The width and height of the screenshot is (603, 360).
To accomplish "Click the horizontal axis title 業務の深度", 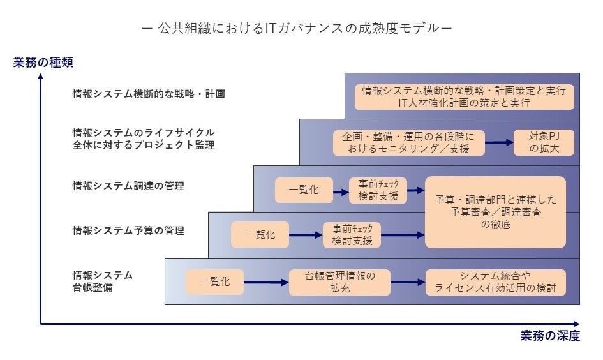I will click(x=549, y=336).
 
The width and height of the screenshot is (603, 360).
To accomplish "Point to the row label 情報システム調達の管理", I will click(x=128, y=186).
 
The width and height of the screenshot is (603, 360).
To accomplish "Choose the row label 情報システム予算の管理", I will click(x=128, y=230).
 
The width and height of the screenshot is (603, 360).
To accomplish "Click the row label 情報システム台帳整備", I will click(x=103, y=281).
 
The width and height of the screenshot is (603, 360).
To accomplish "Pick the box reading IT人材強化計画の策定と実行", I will click(x=464, y=96).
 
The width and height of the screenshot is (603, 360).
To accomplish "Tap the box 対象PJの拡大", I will click(x=544, y=143).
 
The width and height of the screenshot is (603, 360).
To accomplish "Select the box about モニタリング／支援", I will click(x=408, y=143).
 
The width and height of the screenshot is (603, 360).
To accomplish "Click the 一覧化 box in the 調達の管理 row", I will click(x=304, y=190).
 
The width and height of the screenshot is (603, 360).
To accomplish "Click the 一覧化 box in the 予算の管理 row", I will click(x=260, y=234).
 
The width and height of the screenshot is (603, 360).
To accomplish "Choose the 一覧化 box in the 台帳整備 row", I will click(x=215, y=282).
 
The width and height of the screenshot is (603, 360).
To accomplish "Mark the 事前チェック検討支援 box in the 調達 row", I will click(x=378, y=190).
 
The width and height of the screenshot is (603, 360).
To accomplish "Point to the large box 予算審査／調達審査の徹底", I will click(x=495, y=212).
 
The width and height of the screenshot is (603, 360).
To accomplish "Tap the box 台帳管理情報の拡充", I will click(x=339, y=282).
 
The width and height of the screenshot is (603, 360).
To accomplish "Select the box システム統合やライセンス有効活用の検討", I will click(x=495, y=282).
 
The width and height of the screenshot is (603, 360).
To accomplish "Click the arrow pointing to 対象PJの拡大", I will click(x=499, y=143).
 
